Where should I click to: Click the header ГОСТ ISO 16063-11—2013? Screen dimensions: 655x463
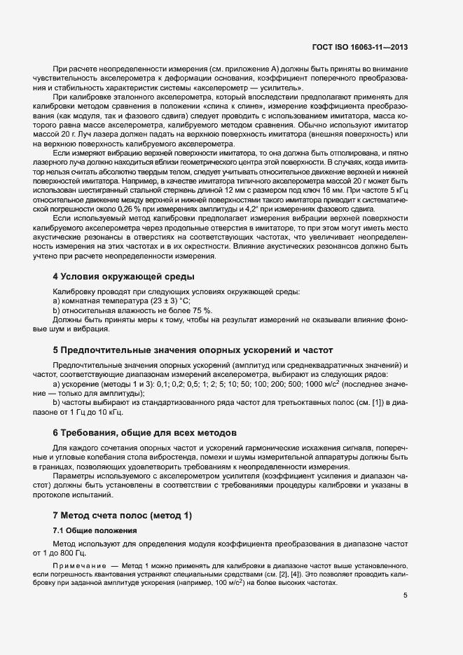[359, 48]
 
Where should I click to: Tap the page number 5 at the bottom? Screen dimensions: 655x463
[405, 595]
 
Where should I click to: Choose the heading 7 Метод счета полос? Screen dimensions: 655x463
[122, 515]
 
